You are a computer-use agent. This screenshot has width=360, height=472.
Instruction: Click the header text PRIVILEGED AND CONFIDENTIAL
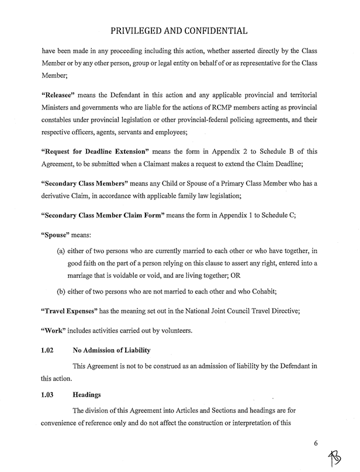coord(179,29)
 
